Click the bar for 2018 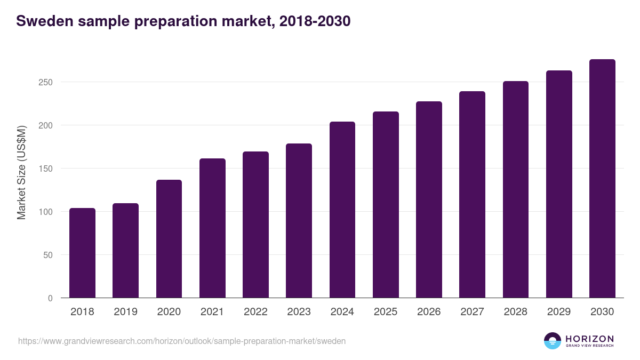click(82, 253)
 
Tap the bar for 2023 click(299, 221)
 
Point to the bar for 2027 click(472, 195)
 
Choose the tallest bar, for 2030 click(602, 179)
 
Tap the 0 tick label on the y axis click(50, 298)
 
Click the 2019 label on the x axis click(125, 312)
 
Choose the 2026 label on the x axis click(429, 312)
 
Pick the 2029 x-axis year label click(559, 312)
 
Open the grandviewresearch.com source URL click(182, 341)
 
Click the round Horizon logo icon click(553, 341)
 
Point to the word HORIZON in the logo click(589, 339)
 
